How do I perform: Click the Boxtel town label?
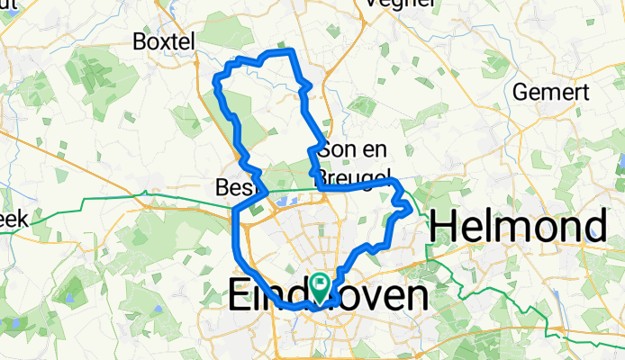click(x=163, y=41)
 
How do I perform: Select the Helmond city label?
click(x=518, y=225)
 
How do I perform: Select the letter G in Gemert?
click(x=519, y=92)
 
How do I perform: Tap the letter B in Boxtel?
click(x=140, y=41)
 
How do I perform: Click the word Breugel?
click(x=356, y=175)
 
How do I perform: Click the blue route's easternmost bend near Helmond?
click(x=411, y=208)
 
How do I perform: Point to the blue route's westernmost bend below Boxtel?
click(x=214, y=84)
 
